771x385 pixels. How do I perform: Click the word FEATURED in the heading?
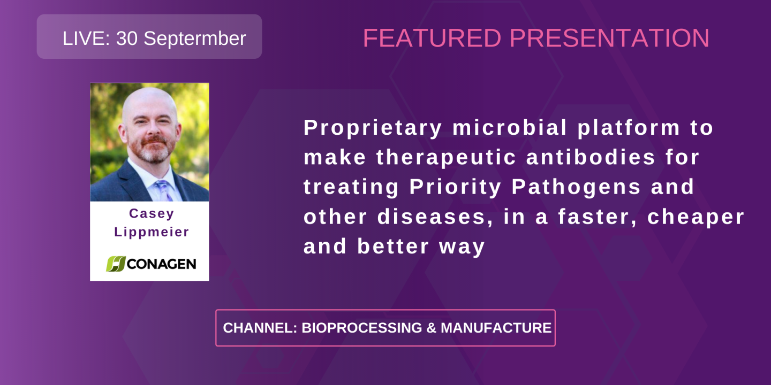[x=432, y=38]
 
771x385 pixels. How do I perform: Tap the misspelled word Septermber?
[x=195, y=38]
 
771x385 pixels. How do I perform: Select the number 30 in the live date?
[x=127, y=38]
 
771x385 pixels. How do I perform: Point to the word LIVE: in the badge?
[x=86, y=38]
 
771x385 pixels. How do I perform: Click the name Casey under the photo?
[x=152, y=213]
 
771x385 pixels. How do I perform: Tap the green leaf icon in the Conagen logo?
[x=115, y=264]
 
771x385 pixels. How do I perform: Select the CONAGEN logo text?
[x=161, y=264]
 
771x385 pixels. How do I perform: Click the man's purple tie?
[x=162, y=190]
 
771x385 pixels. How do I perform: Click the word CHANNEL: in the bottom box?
[x=260, y=328]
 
